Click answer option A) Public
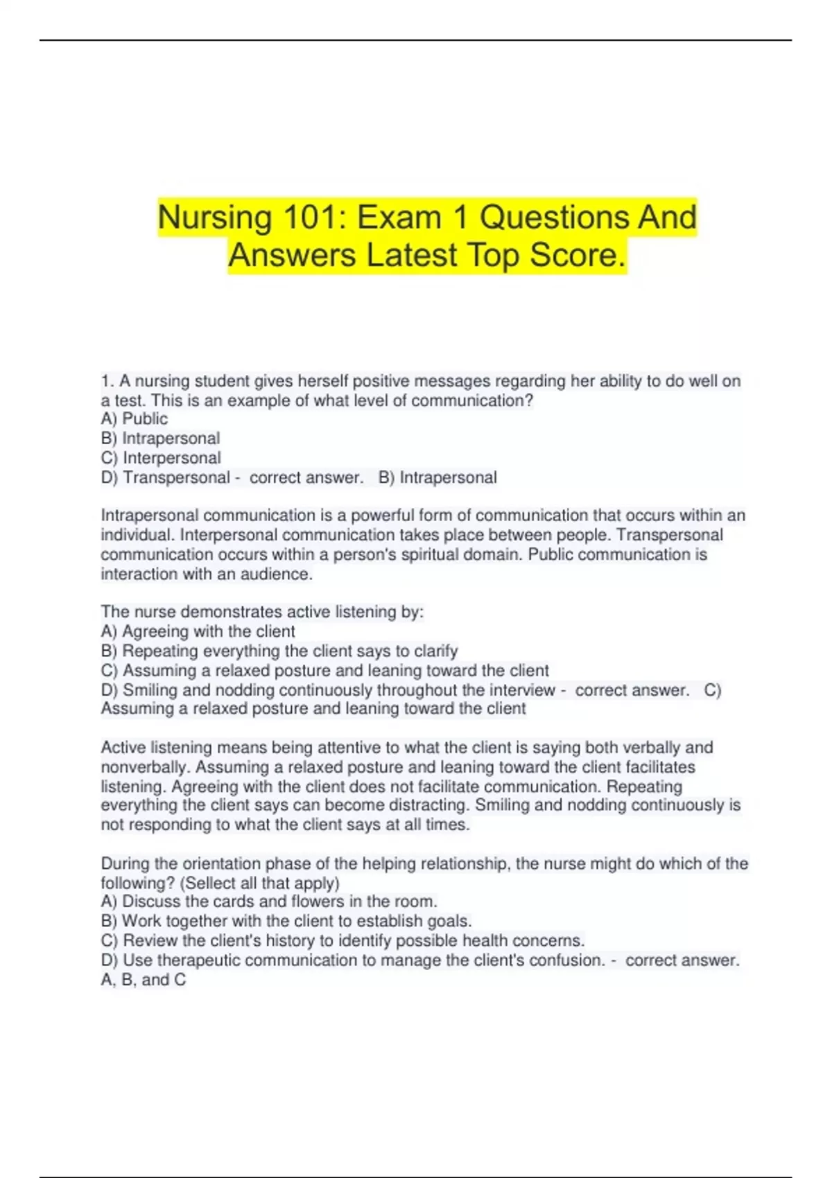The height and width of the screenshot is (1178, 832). [x=134, y=419]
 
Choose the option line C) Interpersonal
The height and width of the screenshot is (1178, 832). [x=161, y=458]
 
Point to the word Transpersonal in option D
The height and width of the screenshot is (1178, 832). [x=176, y=477]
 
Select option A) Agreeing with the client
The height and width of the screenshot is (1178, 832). [x=198, y=631]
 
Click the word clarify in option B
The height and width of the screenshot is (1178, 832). [x=435, y=651]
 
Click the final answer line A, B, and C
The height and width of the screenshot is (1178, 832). [x=143, y=980]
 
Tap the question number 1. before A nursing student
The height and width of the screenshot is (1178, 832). [x=107, y=381]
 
